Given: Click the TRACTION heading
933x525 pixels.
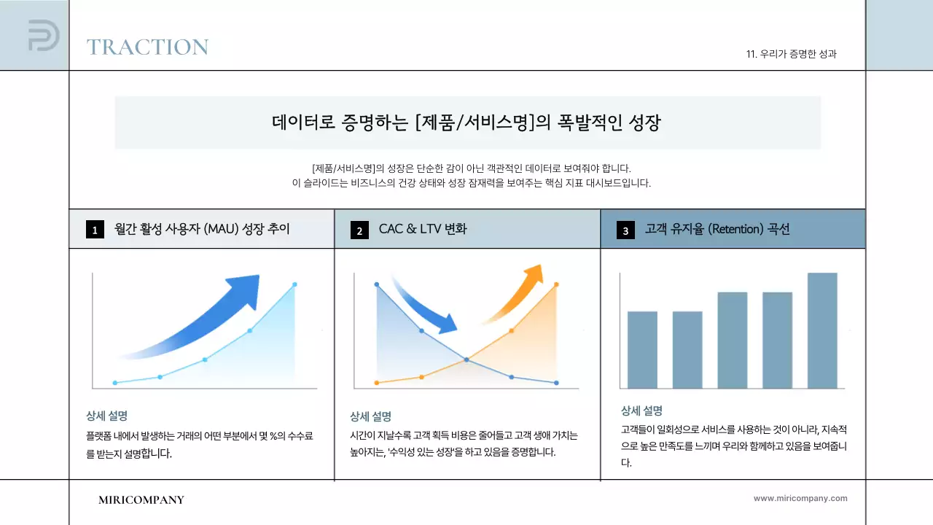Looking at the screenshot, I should pos(147,47).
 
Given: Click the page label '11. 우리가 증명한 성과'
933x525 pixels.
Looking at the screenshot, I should pos(791,54).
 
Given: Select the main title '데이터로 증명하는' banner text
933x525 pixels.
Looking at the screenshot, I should pos(466,122).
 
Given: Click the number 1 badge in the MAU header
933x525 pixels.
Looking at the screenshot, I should pos(95,230).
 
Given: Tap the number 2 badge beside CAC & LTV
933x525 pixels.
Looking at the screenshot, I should pos(359,230).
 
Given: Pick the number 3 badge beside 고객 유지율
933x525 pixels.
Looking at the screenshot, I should pos(625,230).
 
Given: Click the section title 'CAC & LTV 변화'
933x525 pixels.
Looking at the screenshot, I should pos(423,229).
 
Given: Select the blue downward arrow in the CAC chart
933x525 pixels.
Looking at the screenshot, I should pos(426,306).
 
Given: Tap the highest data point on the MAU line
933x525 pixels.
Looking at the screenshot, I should pos(294,284).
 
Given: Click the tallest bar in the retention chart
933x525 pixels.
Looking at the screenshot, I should pos(822,330).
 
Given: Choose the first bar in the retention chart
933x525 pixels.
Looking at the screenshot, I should pos(642,349).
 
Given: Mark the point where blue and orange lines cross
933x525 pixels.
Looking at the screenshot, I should pos(466,359).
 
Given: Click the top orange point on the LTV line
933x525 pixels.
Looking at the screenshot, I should pos(556,284).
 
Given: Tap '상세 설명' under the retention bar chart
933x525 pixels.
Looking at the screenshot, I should pos(641,411).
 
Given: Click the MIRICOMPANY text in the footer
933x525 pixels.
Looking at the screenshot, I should pos(141,499).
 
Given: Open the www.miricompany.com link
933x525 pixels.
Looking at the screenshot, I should pos(800,498).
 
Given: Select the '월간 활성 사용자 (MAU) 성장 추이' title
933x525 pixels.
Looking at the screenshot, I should pos(202,229).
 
